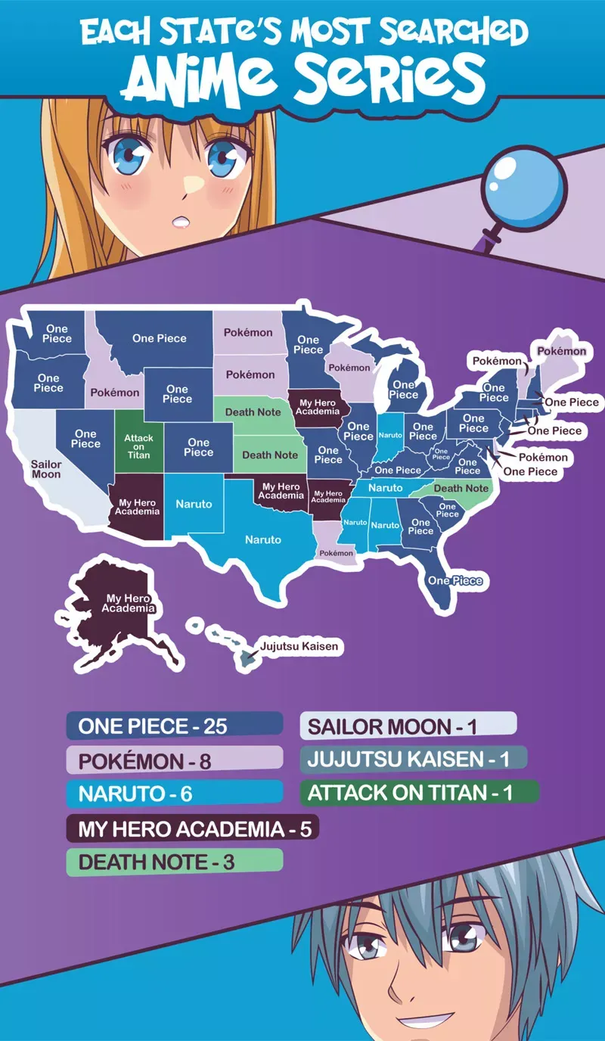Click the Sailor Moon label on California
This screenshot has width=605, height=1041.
(x=46, y=469)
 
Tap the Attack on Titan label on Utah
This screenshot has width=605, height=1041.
(x=138, y=446)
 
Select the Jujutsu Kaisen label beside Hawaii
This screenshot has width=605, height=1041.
(x=299, y=647)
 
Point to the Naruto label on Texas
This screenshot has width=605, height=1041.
(x=262, y=539)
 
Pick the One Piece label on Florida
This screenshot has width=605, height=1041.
(x=455, y=580)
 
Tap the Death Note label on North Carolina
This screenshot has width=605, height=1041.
(x=461, y=488)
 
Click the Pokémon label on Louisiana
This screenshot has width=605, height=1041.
(x=337, y=553)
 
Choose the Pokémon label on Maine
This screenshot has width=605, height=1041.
(x=561, y=351)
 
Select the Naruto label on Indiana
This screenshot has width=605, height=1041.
(x=389, y=435)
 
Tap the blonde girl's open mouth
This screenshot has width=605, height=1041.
(x=180, y=222)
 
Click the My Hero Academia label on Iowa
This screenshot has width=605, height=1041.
(x=318, y=408)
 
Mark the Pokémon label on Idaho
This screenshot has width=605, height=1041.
(x=115, y=393)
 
